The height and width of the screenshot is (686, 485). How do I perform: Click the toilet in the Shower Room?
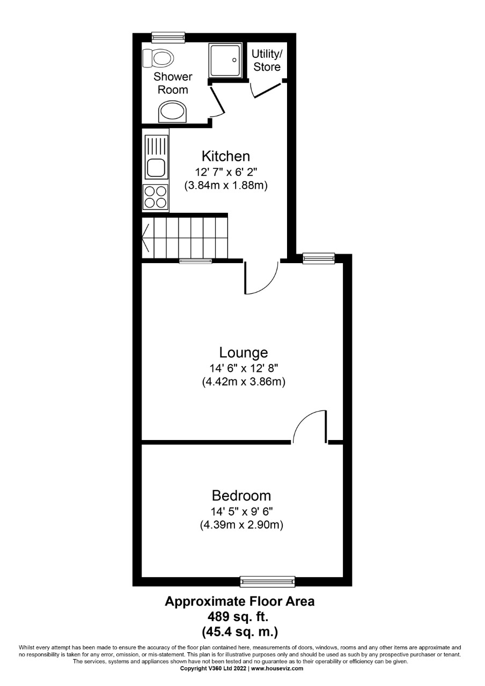158,58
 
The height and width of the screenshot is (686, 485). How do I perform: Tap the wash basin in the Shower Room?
173,111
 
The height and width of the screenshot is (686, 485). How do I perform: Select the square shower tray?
225,60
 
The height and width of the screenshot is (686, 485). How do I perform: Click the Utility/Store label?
267,61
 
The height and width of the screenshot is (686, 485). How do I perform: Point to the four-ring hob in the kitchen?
156,198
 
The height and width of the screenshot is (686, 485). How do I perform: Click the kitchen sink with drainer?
156,157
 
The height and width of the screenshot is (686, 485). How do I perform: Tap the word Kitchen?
226,156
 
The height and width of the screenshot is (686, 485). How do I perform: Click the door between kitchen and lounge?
261,278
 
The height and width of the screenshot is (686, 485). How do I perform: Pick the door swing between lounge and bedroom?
310,426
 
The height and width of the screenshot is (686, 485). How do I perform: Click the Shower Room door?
217,101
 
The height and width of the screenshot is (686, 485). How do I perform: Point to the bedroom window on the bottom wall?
267,581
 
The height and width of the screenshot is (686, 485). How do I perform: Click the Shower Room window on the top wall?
168,38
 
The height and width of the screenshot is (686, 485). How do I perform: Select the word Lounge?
244,353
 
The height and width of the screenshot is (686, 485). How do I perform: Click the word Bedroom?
241,496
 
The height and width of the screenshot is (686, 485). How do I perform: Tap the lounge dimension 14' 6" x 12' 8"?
244,368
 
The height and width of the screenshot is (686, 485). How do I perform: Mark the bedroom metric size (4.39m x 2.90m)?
241,525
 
